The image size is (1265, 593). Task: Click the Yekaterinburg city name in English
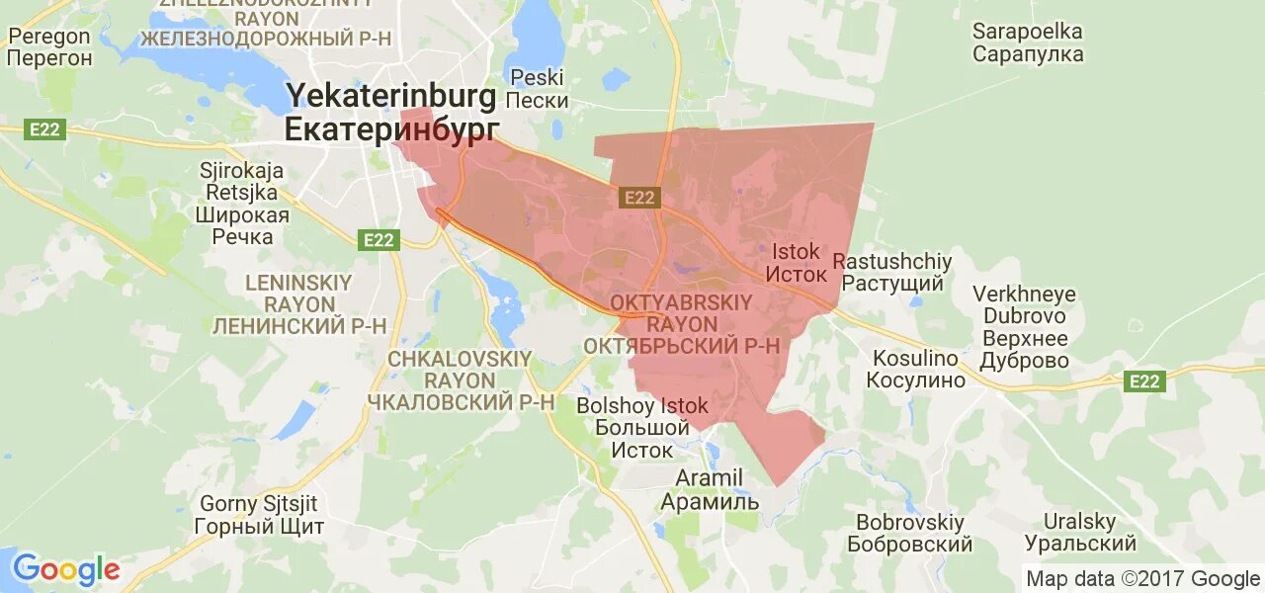click(x=390, y=96)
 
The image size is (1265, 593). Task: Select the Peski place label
click(x=537, y=78)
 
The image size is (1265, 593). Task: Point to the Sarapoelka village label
click(x=1028, y=32)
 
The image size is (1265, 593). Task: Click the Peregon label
click(x=49, y=37)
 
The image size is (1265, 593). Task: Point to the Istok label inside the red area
click(x=795, y=252)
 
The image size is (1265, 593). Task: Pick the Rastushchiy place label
click(x=892, y=262)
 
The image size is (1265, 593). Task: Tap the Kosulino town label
click(x=915, y=358)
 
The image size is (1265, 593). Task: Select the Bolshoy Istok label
click(x=642, y=406)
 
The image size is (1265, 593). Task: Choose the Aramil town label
click(x=709, y=478)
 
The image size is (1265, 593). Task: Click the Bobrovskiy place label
click(x=910, y=522)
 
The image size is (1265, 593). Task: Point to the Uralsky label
click(x=1070, y=522)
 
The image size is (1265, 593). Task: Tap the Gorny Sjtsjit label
click(x=260, y=504)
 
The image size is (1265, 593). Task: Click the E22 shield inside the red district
click(x=639, y=198)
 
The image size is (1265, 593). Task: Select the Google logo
click(x=66, y=569)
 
